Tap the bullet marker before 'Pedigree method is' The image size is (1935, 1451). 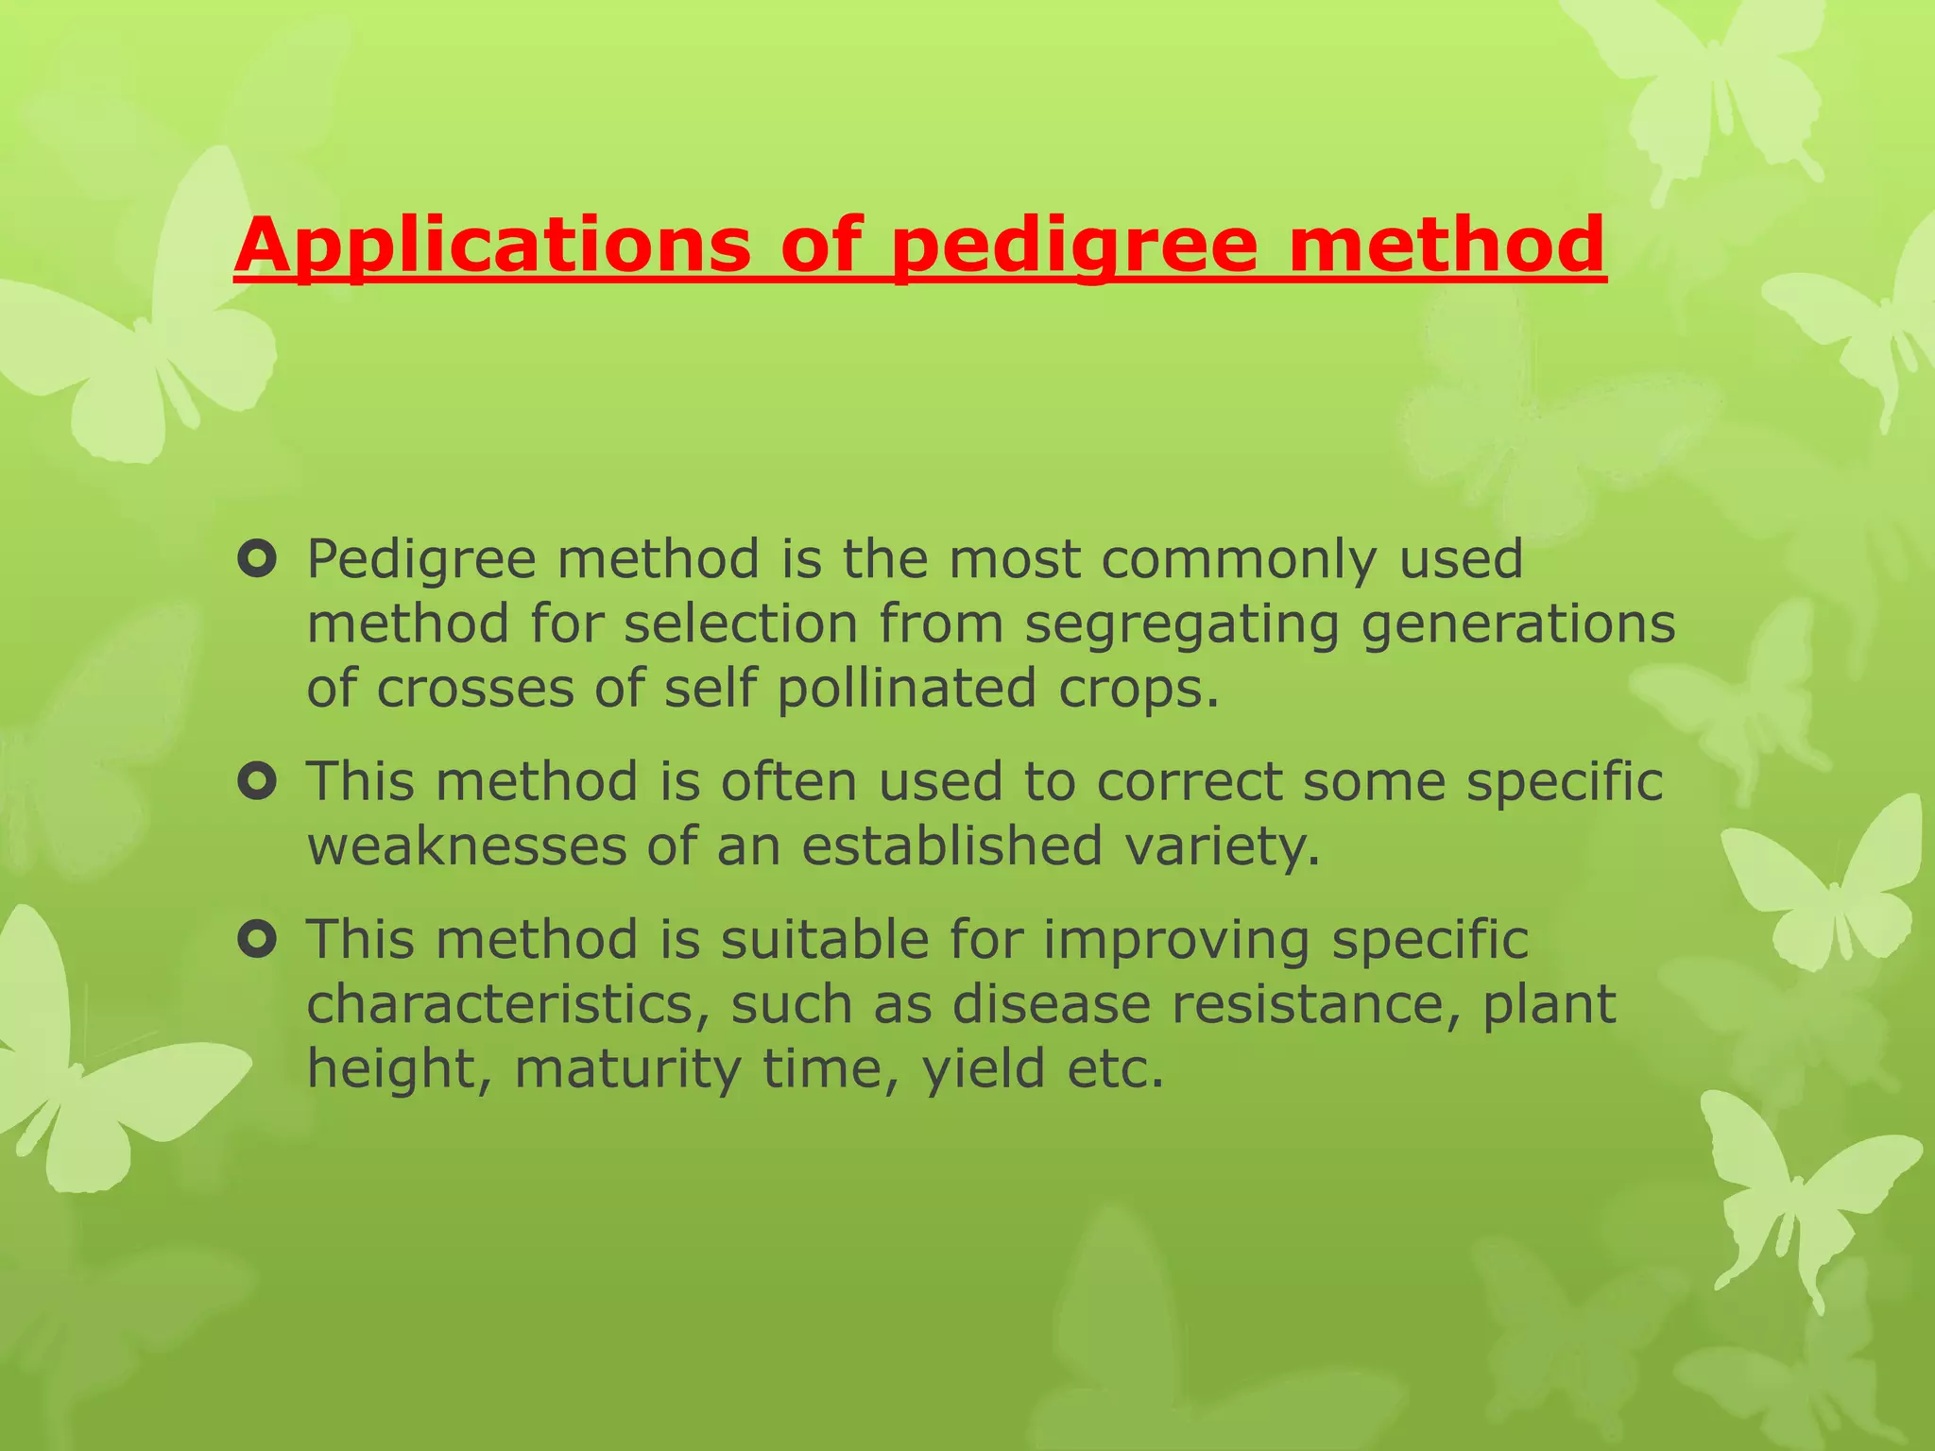[x=257, y=559]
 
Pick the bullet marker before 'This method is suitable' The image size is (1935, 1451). [x=257, y=940]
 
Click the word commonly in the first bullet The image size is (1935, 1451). [x=1239, y=560]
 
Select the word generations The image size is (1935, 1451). [x=1518, y=624]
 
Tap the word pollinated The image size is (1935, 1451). [x=906, y=688]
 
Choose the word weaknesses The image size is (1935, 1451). [x=467, y=845]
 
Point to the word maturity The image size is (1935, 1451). [x=627, y=1069]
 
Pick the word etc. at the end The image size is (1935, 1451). [x=1115, y=1069]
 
